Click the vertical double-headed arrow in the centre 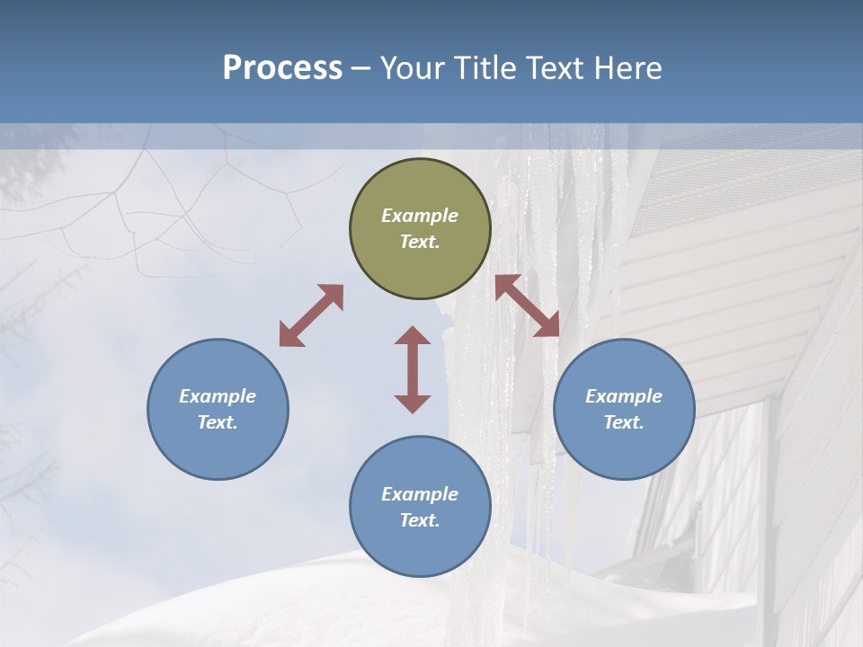click(x=413, y=369)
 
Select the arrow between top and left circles click(x=311, y=315)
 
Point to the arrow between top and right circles click(x=527, y=306)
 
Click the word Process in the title click(x=282, y=67)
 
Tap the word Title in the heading click(x=485, y=67)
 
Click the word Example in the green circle click(x=420, y=216)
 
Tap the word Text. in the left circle click(x=218, y=422)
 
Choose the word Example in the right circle click(x=624, y=396)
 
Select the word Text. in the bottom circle click(x=420, y=520)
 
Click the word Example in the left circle click(x=218, y=396)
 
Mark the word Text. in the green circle click(x=420, y=242)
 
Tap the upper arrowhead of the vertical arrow click(x=413, y=336)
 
